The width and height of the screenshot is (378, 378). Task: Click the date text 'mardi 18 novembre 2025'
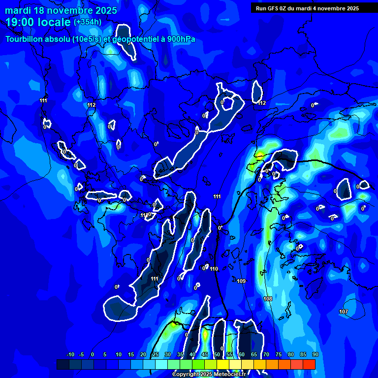(x=61, y=10)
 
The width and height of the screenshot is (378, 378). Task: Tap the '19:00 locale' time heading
(x=38, y=22)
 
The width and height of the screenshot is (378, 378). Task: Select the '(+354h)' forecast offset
(x=88, y=22)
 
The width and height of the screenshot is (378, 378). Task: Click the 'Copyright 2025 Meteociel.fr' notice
(x=209, y=374)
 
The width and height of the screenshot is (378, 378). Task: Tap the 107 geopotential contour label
(x=344, y=312)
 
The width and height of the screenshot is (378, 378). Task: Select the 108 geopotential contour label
(x=268, y=299)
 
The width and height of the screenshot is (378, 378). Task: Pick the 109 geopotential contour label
(x=241, y=281)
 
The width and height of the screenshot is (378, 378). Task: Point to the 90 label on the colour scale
(x=315, y=355)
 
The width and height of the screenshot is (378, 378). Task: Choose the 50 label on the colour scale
(x=217, y=355)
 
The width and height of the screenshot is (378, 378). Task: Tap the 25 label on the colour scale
(x=155, y=355)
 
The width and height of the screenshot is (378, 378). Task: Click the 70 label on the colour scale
(x=266, y=355)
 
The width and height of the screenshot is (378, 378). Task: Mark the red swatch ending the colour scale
(x=309, y=364)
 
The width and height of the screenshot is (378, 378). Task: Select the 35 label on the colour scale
(x=180, y=355)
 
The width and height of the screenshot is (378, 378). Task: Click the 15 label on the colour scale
(x=130, y=355)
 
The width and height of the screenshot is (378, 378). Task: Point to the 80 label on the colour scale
(x=290, y=355)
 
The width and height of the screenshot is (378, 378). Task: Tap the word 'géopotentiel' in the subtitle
(x=136, y=39)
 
